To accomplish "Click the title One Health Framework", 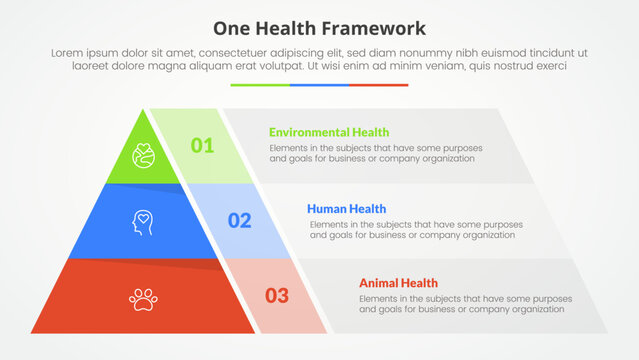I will [319, 27].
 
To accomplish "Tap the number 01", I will [203, 146].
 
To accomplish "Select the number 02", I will [240, 221].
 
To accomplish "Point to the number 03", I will [277, 295].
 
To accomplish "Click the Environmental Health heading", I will [329, 132].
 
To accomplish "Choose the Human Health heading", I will [347, 208].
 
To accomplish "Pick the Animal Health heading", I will [398, 283].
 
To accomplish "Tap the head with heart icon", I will [143, 220].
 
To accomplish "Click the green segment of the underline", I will [260, 85].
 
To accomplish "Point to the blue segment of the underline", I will [319, 85].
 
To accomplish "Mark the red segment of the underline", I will [379, 85].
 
